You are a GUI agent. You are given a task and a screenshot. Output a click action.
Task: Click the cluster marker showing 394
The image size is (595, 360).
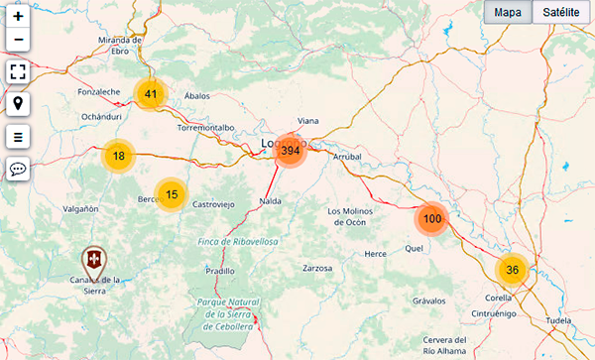(x=290, y=151)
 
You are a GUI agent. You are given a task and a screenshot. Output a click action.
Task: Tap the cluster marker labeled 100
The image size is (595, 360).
(x=432, y=219)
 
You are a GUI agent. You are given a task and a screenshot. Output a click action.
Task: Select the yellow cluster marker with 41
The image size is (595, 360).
(x=151, y=94)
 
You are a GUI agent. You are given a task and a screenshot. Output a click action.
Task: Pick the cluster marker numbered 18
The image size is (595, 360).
(x=118, y=156)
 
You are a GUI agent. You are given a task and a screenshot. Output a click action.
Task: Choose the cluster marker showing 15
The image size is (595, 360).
(x=172, y=194)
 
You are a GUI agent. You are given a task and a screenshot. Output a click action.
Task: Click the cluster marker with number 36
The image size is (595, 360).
(x=512, y=270)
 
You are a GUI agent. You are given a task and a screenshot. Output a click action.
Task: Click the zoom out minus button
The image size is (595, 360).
(x=19, y=41)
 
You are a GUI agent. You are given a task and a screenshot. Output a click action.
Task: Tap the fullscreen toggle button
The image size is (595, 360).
(x=19, y=71)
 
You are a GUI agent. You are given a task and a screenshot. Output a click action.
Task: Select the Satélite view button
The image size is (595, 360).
(x=561, y=12)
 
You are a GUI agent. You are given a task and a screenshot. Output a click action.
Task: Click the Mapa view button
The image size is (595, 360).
(x=508, y=12)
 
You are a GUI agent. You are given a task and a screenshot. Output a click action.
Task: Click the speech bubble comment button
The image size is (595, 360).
(x=19, y=169)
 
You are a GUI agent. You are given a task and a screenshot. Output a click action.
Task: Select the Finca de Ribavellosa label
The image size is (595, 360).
(x=237, y=242)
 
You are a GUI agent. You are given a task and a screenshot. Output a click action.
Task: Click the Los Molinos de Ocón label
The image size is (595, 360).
(x=360, y=216)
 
